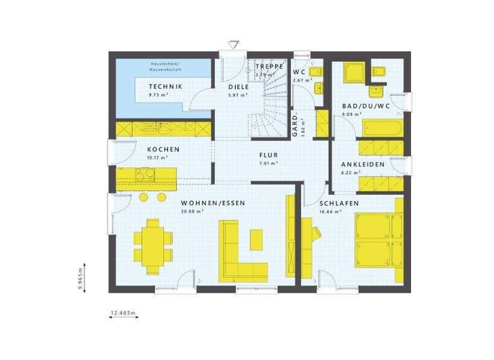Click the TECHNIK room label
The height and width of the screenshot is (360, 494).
coord(165,87)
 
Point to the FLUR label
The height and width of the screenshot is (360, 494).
coord(268,155)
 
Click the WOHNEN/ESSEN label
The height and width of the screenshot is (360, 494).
coord(204,203)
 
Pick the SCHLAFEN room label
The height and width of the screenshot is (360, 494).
coord(339,203)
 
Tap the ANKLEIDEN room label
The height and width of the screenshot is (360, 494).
coord(363,165)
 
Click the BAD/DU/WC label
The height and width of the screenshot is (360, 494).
coord(365,106)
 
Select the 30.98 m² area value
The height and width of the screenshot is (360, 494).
coord(194,211)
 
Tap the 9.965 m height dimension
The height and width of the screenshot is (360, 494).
coord(81,279)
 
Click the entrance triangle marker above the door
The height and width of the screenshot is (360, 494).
coord(233,44)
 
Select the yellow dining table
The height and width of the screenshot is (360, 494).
coord(154,245)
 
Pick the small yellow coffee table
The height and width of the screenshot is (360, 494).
coord(255,239)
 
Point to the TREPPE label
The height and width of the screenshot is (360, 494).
coord(270,66)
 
